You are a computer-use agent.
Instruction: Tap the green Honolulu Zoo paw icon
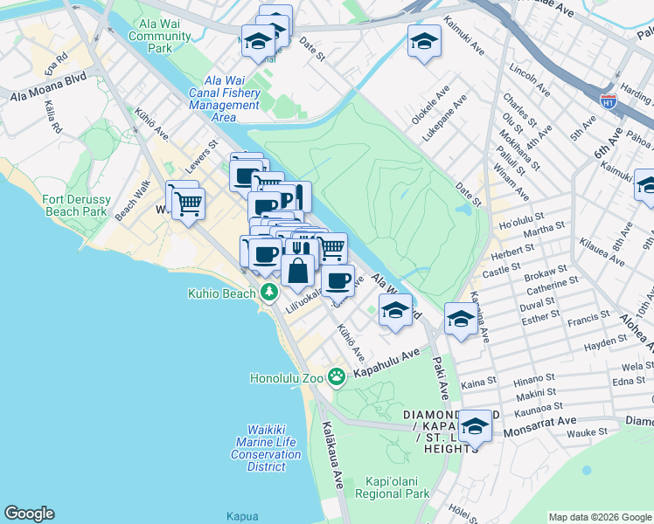click(x=337, y=377)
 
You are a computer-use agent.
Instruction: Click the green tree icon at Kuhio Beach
click(x=271, y=292)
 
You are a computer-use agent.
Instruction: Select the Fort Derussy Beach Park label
click(x=75, y=205)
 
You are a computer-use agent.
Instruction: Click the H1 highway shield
click(x=609, y=100)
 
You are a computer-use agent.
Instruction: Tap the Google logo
click(x=29, y=514)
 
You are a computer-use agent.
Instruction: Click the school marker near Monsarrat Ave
click(x=475, y=426)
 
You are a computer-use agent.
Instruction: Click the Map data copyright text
click(x=600, y=516)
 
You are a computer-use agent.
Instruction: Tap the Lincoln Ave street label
click(x=532, y=79)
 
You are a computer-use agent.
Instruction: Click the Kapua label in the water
click(x=241, y=516)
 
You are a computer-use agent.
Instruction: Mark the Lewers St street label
click(x=201, y=154)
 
